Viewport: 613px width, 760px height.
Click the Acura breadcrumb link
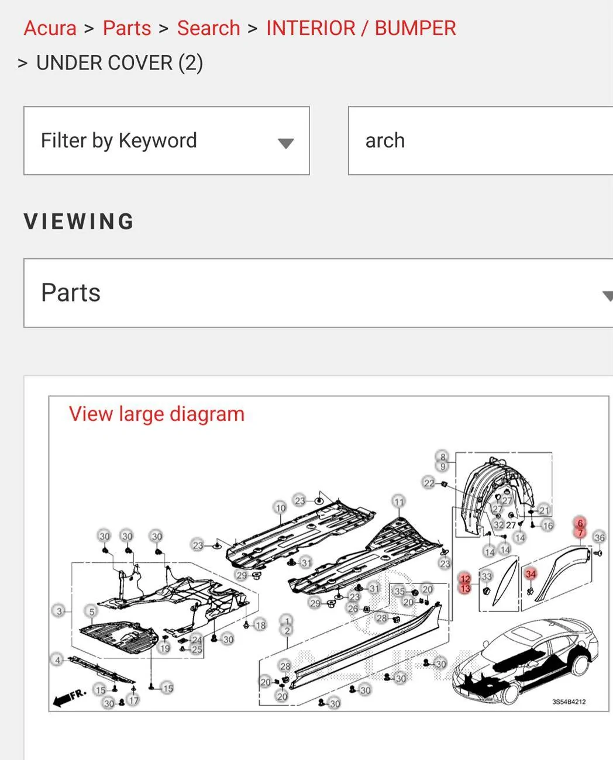[50, 28]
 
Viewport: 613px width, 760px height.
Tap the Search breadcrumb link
[208, 28]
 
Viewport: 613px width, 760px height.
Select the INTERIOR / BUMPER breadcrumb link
[360, 28]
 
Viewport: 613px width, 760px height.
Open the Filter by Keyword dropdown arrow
[285, 143]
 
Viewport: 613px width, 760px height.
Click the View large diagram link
[156, 414]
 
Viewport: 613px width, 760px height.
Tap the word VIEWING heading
[79, 222]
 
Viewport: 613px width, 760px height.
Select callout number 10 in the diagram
[280, 507]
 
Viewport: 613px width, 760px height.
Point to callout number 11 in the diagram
[398, 502]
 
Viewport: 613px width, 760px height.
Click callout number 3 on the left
[58, 612]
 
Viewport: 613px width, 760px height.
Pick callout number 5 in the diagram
[91, 612]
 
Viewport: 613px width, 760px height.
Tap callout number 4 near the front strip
[57, 660]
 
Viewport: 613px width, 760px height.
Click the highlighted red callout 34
[530, 574]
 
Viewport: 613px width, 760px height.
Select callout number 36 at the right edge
[599, 537]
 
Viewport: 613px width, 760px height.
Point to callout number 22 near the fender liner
[429, 483]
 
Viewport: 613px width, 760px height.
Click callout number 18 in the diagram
[260, 625]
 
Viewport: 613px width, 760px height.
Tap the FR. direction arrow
[70, 697]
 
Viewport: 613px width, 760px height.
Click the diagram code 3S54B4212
[569, 702]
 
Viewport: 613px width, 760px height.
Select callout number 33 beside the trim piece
[486, 576]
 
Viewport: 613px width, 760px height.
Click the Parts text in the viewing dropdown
[71, 293]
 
